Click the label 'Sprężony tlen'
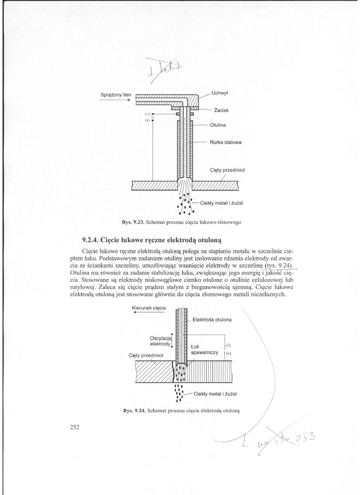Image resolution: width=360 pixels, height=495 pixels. pyautogui.click(x=116, y=95)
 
